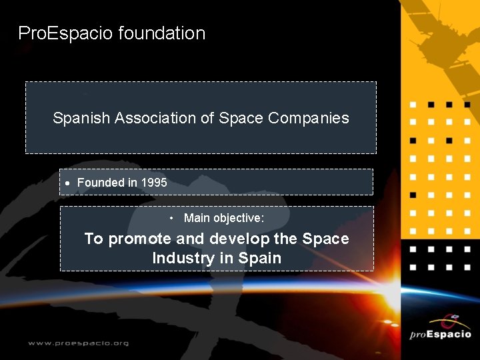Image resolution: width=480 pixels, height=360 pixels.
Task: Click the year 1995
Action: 153,183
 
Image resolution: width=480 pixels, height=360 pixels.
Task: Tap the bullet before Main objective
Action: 171,219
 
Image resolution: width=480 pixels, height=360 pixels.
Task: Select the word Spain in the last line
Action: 260,258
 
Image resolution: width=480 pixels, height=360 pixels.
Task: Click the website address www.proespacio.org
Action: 78,343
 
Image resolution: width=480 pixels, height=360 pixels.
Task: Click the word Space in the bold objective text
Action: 325,239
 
